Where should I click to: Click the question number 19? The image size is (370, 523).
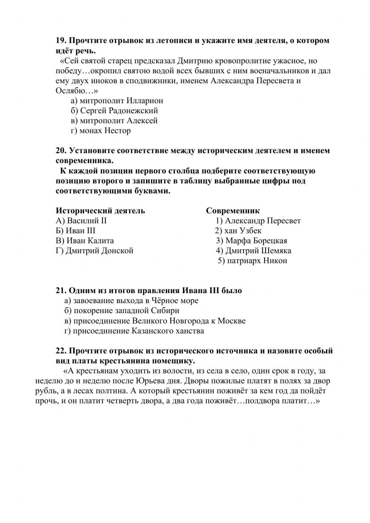pyautogui.click(x=61, y=41)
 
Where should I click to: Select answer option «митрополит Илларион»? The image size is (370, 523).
pyautogui.click(x=117, y=101)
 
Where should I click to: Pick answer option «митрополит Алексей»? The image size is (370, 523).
pyautogui.click(x=114, y=121)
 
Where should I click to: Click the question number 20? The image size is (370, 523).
pyautogui.click(x=61, y=151)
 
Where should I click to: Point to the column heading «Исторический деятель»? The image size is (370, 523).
pyautogui.click(x=100, y=211)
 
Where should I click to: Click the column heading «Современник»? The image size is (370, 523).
pyautogui.click(x=233, y=211)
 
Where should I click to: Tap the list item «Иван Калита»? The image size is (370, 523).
pyautogui.click(x=85, y=241)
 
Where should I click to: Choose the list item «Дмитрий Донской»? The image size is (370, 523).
pyautogui.click(x=94, y=251)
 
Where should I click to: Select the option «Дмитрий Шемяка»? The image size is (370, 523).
pyautogui.click(x=253, y=251)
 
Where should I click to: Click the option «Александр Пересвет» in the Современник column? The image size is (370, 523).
pyautogui.click(x=258, y=221)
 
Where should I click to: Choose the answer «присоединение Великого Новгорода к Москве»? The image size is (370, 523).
pyautogui.click(x=155, y=321)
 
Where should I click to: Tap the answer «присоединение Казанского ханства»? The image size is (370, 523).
pyautogui.click(x=134, y=331)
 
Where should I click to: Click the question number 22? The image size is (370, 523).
pyautogui.click(x=61, y=351)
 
